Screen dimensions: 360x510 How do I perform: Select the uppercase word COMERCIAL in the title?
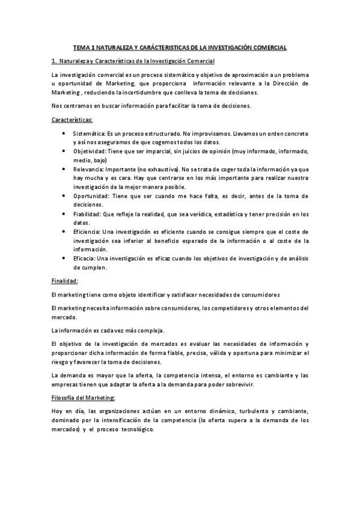pyautogui.click(x=268, y=46)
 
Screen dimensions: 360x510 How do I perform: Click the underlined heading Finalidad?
pyautogui.click(x=64, y=281)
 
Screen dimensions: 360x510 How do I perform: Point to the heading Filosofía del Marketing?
pyautogui.click(x=79, y=399)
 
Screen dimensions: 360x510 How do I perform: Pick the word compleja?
pyautogui.click(x=147, y=330)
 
